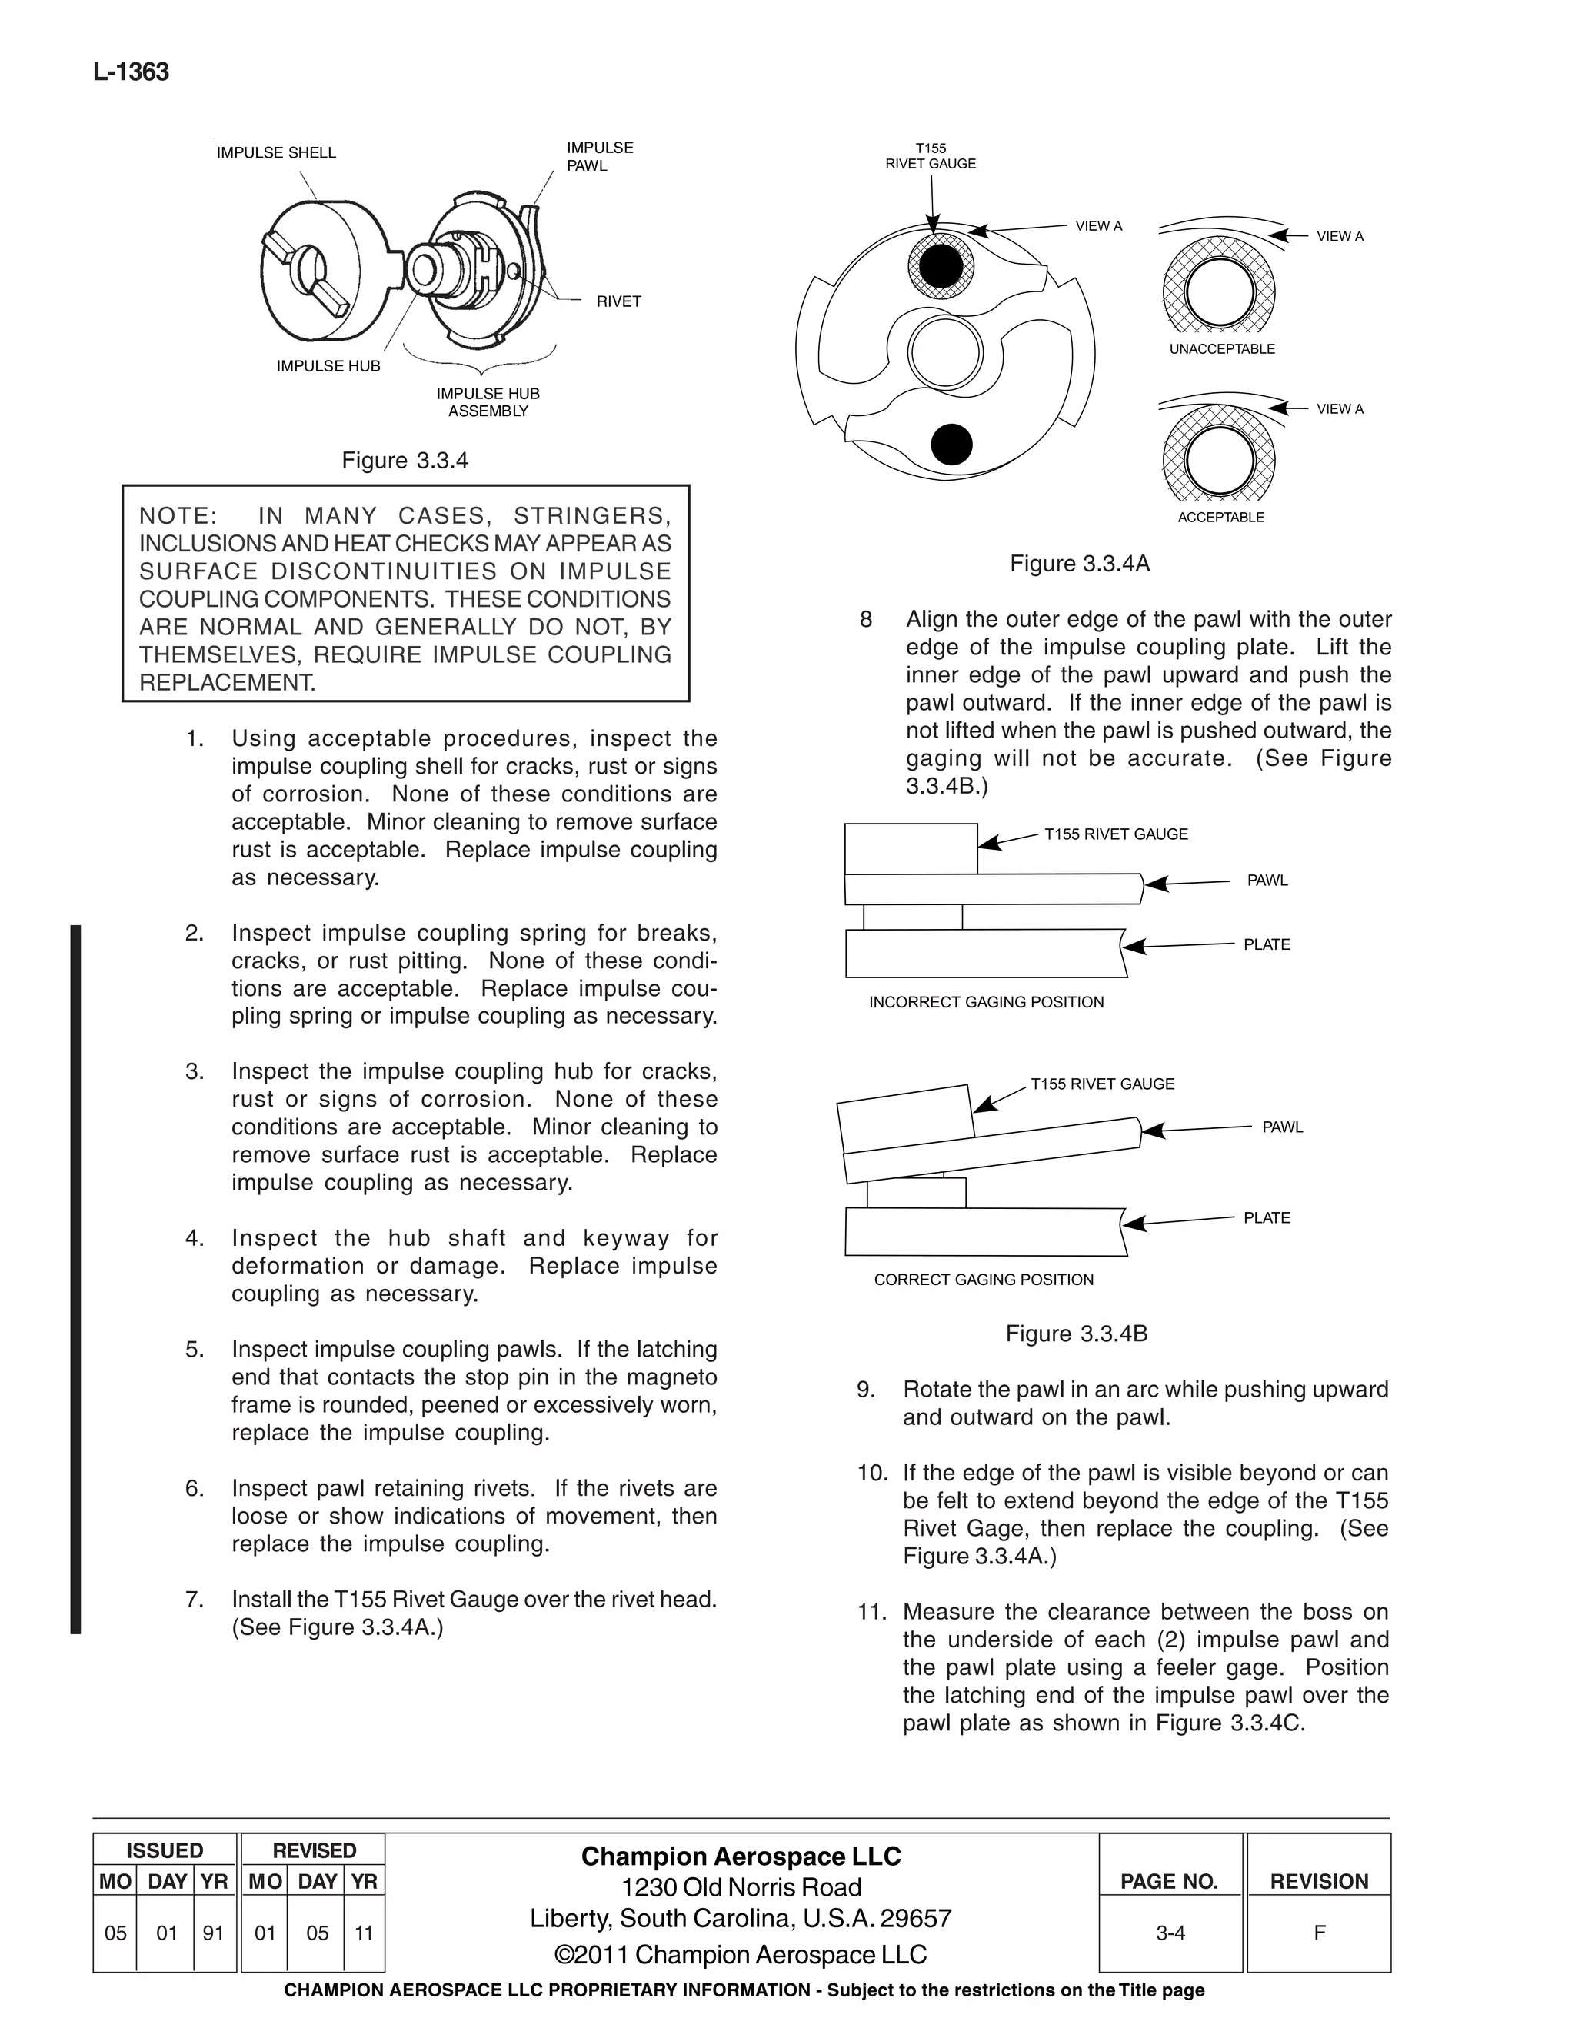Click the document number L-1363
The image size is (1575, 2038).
click(131, 73)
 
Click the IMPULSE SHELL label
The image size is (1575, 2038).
click(276, 153)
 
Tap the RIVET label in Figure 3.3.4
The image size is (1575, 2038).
click(618, 301)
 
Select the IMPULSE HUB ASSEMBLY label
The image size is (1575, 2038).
click(488, 402)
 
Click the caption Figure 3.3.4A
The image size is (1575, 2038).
click(1080, 564)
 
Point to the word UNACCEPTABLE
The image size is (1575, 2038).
click(1221, 349)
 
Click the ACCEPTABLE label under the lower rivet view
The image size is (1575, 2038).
click(1220, 517)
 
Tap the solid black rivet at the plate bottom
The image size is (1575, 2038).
click(952, 445)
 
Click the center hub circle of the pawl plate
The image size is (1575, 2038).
click(945, 354)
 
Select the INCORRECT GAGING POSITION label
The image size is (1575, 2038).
click(986, 1002)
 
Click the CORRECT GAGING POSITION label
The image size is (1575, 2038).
click(984, 1280)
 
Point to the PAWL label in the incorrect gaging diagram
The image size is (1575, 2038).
click(1267, 881)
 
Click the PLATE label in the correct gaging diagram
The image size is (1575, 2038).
click(1266, 1217)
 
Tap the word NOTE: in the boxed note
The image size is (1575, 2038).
click(178, 516)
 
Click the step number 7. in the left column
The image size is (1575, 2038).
click(194, 1600)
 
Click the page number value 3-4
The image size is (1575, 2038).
click(1170, 1933)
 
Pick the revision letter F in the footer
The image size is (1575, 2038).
click(1318, 1933)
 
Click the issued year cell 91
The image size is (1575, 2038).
click(214, 1933)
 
